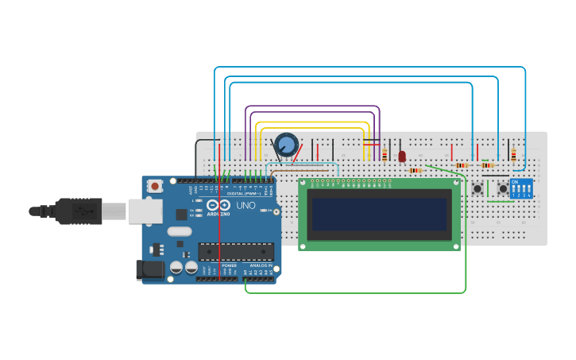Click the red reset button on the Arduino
[x=155, y=186]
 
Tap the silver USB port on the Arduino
[x=145, y=211]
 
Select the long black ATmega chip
[x=235, y=252]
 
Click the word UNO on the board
[x=246, y=205]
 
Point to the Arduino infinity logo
[x=218, y=205]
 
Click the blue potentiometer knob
[x=286, y=145]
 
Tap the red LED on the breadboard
[x=402, y=157]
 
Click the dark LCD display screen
[x=379, y=215]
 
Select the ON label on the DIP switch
[x=515, y=182]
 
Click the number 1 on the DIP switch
[x=513, y=195]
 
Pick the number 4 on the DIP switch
[x=529, y=195]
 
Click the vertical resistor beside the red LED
[x=385, y=155]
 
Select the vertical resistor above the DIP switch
[x=513, y=155]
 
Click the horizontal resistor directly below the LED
[x=415, y=170]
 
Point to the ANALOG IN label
[x=261, y=265]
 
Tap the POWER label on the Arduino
[x=229, y=265]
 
